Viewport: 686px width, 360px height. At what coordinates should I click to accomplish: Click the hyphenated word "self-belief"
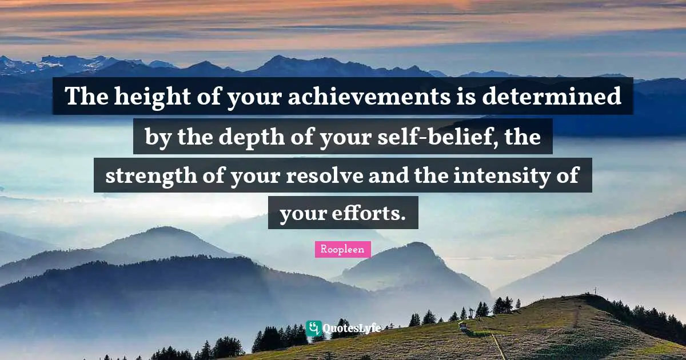pos(429,137)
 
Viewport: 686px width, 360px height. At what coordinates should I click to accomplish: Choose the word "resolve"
pos(316,175)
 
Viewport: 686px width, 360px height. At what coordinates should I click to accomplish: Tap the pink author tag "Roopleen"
pos(342,250)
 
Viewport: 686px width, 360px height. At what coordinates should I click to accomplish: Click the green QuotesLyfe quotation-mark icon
pos(313,327)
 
